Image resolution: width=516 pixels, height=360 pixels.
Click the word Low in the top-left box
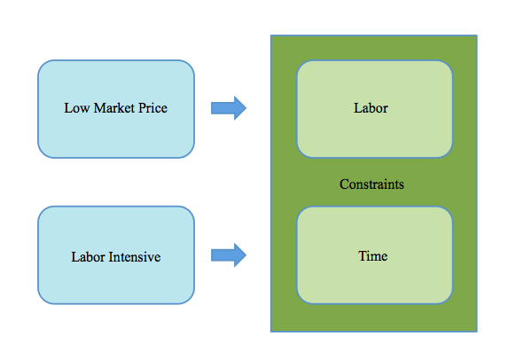click(x=76, y=108)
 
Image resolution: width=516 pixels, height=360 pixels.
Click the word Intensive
click(x=134, y=257)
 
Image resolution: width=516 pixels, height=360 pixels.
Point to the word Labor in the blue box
click(x=88, y=257)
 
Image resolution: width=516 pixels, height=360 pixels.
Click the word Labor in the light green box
click(x=371, y=108)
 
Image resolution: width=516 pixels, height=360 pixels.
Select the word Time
click(x=373, y=256)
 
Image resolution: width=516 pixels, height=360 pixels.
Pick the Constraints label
click(x=371, y=184)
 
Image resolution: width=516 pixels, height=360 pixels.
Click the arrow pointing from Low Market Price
click(x=229, y=108)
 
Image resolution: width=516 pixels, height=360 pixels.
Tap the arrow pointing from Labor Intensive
click(x=229, y=255)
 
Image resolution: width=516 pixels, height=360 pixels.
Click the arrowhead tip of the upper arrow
click(x=246, y=108)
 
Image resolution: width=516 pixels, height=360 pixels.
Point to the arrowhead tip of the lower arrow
click(x=246, y=255)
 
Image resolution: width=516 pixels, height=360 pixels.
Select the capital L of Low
click(x=68, y=108)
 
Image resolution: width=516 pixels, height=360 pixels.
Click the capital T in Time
click(x=363, y=256)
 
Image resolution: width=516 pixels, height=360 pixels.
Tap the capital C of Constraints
click(x=344, y=184)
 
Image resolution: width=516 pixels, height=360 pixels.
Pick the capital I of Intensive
click(x=111, y=257)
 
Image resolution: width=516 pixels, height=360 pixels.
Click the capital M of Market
click(x=100, y=108)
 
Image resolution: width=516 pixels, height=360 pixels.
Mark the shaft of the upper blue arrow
click(x=223, y=108)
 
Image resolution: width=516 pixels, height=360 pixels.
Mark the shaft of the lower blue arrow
click(x=223, y=255)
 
